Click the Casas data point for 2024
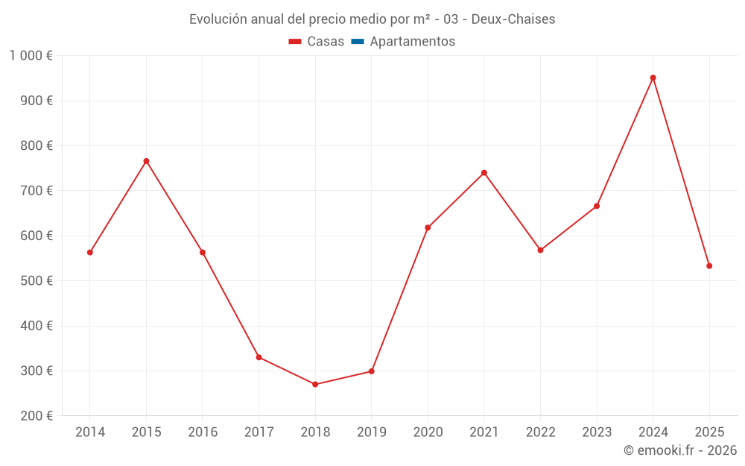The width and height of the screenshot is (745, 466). click(x=653, y=78)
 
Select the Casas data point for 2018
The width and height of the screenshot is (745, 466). click(x=315, y=384)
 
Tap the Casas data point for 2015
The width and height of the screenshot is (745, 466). click(x=146, y=161)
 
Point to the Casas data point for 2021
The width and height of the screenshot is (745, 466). click(x=484, y=173)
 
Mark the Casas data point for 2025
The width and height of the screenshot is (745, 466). click(x=709, y=266)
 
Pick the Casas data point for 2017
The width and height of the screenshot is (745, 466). click(x=259, y=357)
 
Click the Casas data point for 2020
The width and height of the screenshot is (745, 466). click(x=428, y=227)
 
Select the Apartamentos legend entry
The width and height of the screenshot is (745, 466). click(x=412, y=42)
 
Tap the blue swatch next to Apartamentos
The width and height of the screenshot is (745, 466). click(x=357, y=42)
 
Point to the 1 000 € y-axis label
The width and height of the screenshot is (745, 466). click(x=31, y=56)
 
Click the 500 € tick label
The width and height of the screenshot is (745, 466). click(x=37, y=281)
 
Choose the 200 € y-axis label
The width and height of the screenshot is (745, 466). click(x=37, y=416)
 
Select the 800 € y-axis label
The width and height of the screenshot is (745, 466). click(x=37, y=146)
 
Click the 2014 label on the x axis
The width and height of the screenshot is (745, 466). click(x=90, y=432)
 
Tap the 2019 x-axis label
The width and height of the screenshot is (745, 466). click(x=372, y=432)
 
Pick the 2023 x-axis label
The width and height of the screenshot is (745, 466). click(x=597, y=432)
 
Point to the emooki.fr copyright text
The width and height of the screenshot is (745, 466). click(x=680, y=450)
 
